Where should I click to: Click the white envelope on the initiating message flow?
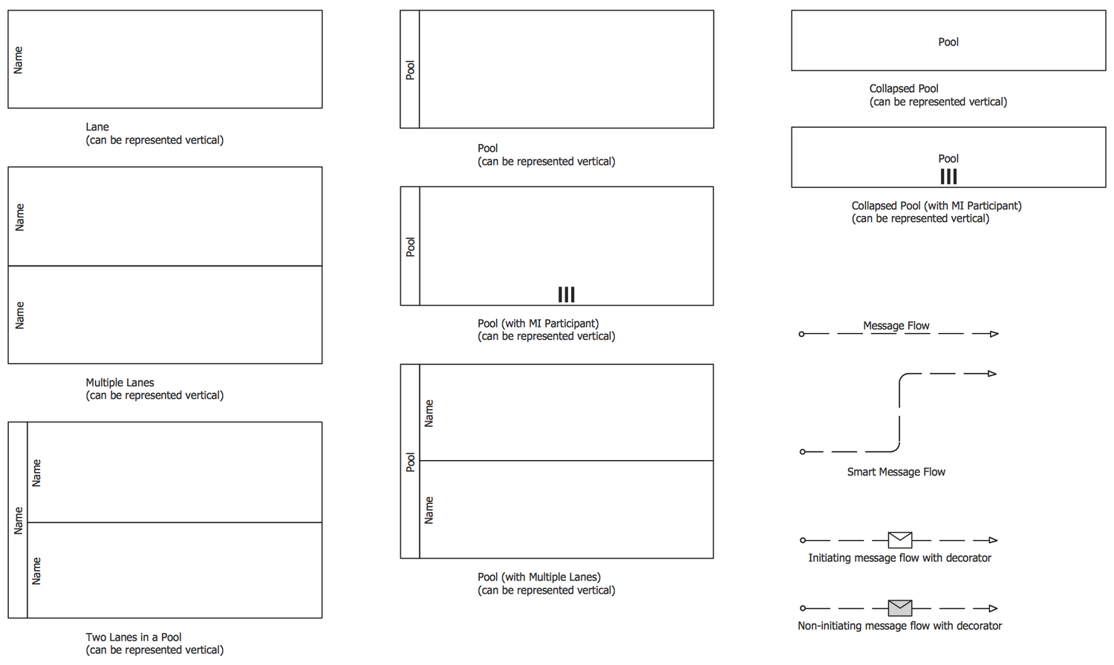point(899,540)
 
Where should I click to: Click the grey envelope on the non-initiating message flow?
point(899,608)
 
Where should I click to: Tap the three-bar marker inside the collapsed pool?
point(948,176)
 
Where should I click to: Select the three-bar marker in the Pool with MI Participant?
point(566,295)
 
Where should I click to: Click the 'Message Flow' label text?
point(896,326)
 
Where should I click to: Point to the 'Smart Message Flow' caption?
point(896,472)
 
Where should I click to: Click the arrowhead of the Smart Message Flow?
point(992,373)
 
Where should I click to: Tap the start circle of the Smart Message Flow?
point(802,451)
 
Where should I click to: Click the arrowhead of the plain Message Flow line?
point(994,334)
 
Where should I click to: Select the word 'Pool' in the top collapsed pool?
point(948,42)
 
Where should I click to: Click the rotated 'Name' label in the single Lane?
point(19,59)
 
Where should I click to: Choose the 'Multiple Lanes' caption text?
point(120,383)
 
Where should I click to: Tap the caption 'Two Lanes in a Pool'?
point(134,637)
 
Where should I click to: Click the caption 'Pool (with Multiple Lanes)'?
point(539,577)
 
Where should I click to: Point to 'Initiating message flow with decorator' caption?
point(899,558)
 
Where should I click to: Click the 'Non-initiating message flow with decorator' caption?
point(899,626)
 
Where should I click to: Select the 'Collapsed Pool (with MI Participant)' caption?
point(937,206)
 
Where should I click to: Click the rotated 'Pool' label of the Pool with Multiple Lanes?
point(410,462)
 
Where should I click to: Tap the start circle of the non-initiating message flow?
point(802,608)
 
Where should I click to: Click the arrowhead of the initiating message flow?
point(993,540)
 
